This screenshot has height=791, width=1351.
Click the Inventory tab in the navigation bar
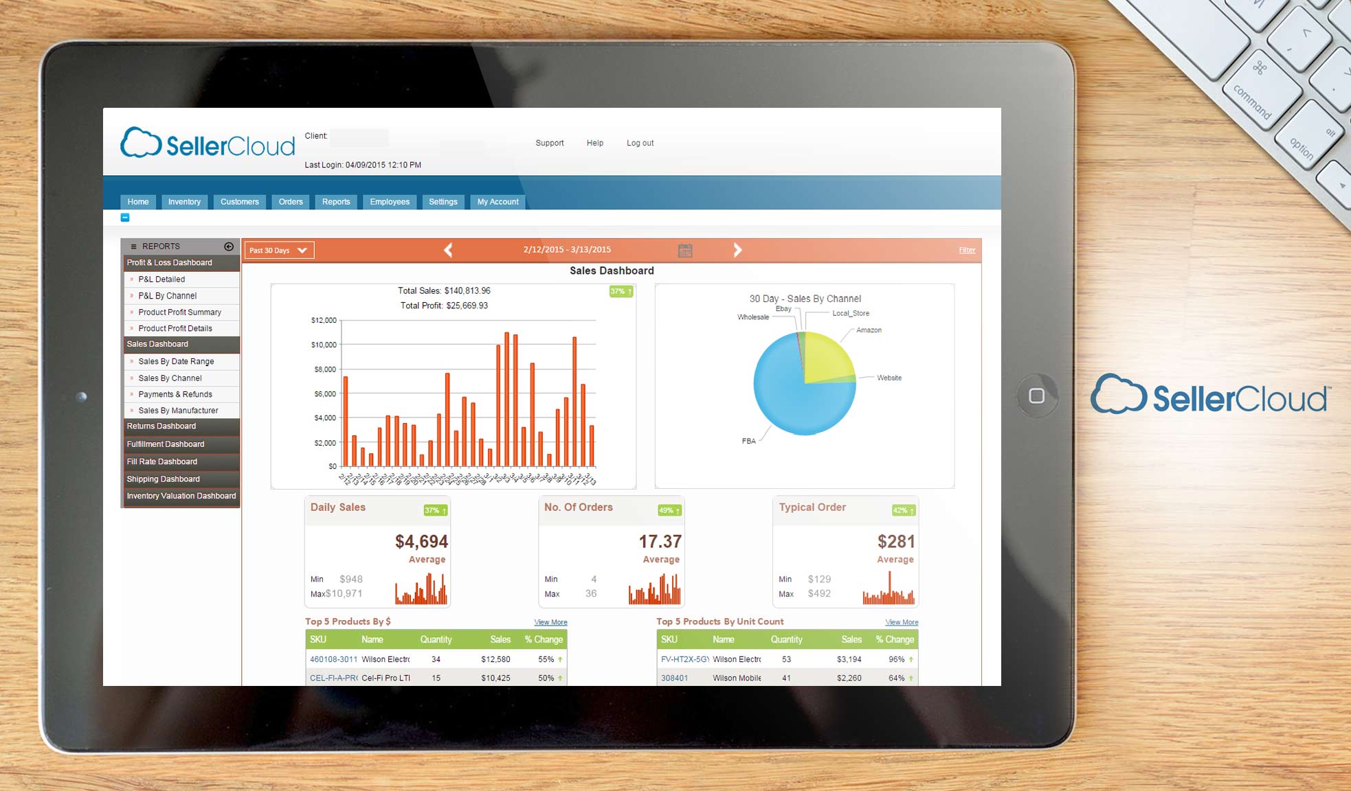[x=184, y=202]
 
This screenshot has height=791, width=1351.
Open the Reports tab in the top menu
[x=336, y=202]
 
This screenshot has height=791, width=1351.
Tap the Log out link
[x=640, y=143]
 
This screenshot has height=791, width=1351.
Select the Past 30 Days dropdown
[x=279, y=251]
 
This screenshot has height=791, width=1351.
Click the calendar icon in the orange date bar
[x=685, y=251]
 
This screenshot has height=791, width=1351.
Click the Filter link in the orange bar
[x=967, y=251]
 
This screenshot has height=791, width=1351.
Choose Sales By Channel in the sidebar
[x=170, y=378]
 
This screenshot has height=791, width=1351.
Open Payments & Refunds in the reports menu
[x=175, y=395]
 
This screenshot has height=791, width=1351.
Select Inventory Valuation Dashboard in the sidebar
[x=181, y=496]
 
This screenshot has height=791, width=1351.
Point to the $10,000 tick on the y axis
[x=324, y=345]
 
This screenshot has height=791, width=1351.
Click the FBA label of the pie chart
[x=748, y=442]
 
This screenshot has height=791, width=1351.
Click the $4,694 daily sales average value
[x=421, y=542]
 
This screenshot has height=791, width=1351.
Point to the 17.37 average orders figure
[x=660, y=542]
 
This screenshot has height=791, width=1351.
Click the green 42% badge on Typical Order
[x=903, y=511]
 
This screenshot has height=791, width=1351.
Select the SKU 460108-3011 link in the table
[x=333, y=660]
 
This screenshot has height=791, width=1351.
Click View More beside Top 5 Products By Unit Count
[x=902, y=623]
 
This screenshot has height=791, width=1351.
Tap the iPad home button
[x=1036, y=395]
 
